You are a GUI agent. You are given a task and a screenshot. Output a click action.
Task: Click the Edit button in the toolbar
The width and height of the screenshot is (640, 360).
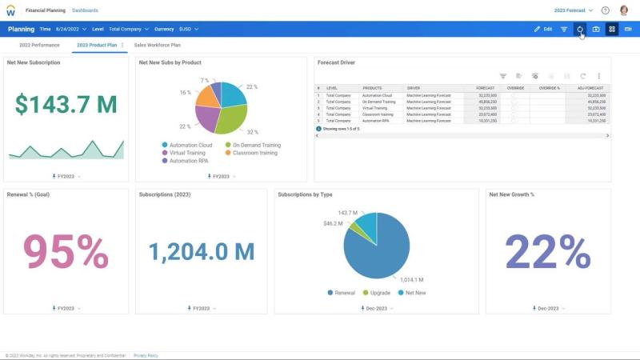click(543, 29)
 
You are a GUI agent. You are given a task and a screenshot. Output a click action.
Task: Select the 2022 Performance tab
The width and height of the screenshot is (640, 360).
click(39, 45)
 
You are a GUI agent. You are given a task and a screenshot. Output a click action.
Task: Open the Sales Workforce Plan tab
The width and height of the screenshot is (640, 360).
click(157, 45)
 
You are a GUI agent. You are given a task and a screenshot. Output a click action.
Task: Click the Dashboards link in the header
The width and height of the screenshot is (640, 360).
click(85, 10)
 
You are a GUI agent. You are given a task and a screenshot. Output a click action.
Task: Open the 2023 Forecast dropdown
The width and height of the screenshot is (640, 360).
click(574, 10)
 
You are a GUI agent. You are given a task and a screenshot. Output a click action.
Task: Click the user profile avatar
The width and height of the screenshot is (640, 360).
click(624, 10)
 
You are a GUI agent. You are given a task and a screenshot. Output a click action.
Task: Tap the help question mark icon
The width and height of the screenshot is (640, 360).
click(605, 10)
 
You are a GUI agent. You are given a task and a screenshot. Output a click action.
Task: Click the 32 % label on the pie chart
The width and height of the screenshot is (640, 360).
click(253, 132)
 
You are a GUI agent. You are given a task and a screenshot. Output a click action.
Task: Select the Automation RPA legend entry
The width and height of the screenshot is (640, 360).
click(188, 160)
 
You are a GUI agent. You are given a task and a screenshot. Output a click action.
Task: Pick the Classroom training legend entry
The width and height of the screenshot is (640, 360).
click(254, 152)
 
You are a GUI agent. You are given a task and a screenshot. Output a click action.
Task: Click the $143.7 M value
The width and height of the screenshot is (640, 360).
click(66, 103)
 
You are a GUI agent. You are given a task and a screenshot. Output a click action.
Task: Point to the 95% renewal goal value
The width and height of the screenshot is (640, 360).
click(66, 252)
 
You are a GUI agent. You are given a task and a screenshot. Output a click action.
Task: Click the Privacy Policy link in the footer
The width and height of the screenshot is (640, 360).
click(146, 355)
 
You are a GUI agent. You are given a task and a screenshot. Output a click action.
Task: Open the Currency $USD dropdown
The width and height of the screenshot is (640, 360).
click(178, 29)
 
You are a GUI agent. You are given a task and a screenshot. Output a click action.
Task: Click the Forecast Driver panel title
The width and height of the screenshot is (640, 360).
click(336, 62)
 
